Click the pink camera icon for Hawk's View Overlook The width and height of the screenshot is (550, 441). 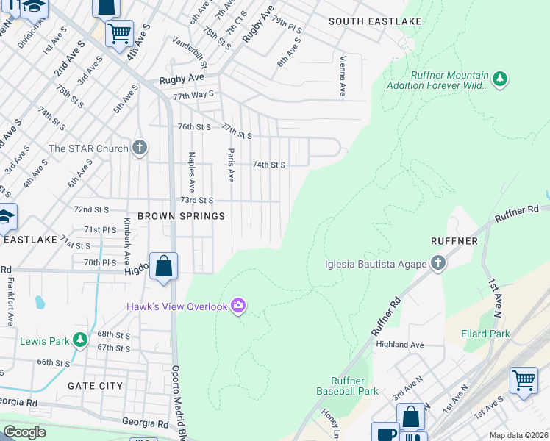[x=238, y=306]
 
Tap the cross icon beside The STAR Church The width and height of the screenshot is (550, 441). [x=140, y=148]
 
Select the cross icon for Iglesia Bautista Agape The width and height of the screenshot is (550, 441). [x=438, y=264]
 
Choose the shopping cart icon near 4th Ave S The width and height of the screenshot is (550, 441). [x=119, y=32]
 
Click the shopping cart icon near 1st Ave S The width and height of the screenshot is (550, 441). [x=524, y=381]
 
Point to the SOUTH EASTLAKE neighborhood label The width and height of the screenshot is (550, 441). [x=375, y=21]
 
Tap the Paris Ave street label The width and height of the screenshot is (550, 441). [x=230, y=165]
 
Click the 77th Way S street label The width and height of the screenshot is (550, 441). [x=193, y=94]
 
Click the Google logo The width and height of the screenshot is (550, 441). [x=25, y=432]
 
